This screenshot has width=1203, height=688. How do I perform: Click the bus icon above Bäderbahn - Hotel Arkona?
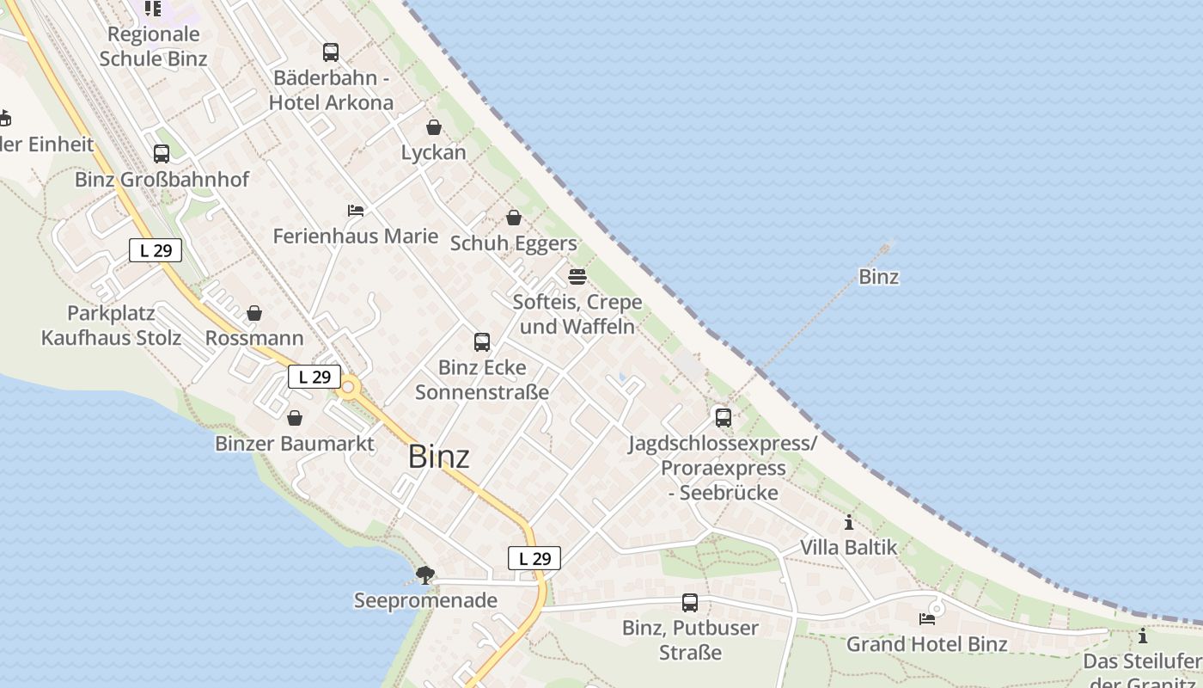(x=331, y=52)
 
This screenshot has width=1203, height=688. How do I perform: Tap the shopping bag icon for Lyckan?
(x=434, y=127)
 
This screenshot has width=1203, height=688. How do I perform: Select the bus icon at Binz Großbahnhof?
(x=162, y=154)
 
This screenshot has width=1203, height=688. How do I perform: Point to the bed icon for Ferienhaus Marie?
(x=356, y=211)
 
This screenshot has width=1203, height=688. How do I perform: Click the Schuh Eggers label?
(x=514, y=243)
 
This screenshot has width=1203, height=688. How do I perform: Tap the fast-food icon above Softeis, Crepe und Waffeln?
(x=577, y=277)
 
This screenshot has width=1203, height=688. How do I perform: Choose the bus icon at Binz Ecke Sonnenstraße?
(x=482, y=342)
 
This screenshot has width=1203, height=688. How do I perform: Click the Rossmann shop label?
(x=254, y=338)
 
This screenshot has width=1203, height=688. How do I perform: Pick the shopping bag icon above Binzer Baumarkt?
(x=295, y=418)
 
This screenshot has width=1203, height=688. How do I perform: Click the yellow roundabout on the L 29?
(x=348, y=389)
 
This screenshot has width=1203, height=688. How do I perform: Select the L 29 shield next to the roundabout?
(x=314, y=377)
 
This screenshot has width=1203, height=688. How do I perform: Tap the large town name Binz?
(x=438, y=457)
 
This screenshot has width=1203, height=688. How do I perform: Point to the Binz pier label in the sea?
(x=878, y=277)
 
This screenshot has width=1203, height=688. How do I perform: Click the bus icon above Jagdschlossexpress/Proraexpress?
(x=724, y=418)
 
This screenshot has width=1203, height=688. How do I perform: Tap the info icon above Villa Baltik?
(x=849, y=522)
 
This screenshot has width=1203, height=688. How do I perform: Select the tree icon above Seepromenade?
(x=424, y=574)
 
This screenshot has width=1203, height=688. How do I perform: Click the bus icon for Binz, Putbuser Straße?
(x=690, y=603)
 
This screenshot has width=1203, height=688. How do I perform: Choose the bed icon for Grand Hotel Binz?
(x=927, y=618)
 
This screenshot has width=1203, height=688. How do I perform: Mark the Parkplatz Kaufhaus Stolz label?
(x=111, y=325)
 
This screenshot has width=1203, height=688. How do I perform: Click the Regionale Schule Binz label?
(x=154, y=46)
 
